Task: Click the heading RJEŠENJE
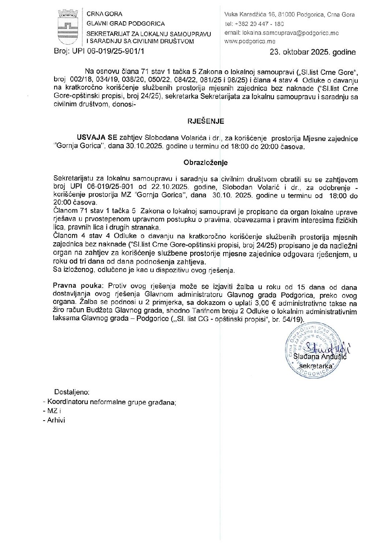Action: [x=206, y=121]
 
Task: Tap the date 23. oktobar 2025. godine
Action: [x=312, y=52]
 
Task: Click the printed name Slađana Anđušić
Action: [x=320, y=357]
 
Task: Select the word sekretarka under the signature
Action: [x=316, y=366]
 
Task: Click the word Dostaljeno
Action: [x=72, y=392]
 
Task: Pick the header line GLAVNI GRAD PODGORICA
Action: [x=125, y=23]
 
